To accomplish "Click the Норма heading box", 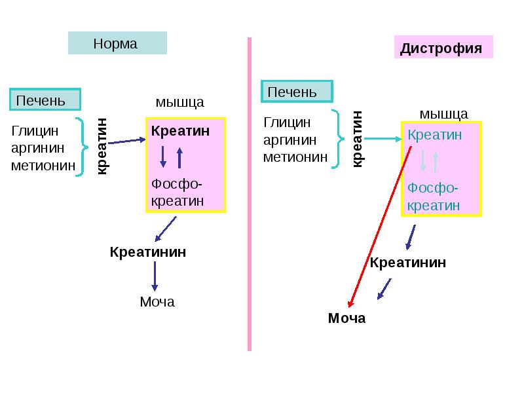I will pyautogui.click(x=117, y=43).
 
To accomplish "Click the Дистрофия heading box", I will pyautogui.click(x=443, y=48).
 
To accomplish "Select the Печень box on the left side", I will pyautogui.click(x=45, y=100).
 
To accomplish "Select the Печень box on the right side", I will pyautogui.click(x=297, y=92).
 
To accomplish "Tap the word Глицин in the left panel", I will pyautogui.click(x=35, y=131).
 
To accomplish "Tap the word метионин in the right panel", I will pyautogui.click(x=295, y=157).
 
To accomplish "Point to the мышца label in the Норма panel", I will pyautogui.click(x=179, y=102).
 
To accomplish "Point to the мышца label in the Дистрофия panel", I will pyautogui.click(x=443, y=113).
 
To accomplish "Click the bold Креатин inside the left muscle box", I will pyautogui.click(x=180, y=131).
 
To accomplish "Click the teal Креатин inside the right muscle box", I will pyautogui.click(x=435, y=135).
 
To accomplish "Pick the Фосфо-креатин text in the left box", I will pyautogui.click(x=177, y=193).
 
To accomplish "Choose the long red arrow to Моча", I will pyautogui.click(x=381, y=227).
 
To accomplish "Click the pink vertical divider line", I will pyautogui.click(x=250, y=196).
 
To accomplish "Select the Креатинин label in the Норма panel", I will pyautogui.click(x=147, y=252).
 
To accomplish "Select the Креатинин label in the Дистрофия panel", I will pyautogui.click(x=408, y=263).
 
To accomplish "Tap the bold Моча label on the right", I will pyautogui.click(x=346, y=319).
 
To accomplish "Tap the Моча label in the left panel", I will pyautogui.click(x=157, y=302).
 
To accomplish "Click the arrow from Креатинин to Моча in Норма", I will pyautogui.click(x=155, y=276).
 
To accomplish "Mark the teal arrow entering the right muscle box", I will pyautogui.click(x=383, y=138).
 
